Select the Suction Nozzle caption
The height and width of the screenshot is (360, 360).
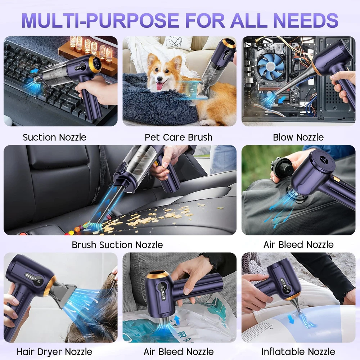55,137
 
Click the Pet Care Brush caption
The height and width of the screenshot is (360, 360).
179,137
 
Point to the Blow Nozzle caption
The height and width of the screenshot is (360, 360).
298,137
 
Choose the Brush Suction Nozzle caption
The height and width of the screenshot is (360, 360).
117,245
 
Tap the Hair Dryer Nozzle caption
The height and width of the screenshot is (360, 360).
54,352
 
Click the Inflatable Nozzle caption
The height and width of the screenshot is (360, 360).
298,352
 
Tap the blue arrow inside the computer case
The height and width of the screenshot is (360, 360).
282,100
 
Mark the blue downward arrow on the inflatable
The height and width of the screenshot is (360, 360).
291,319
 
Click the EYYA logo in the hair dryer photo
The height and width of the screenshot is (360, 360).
30,276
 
